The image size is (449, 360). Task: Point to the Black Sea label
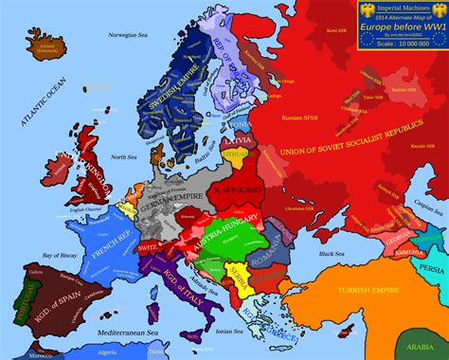click(x=332, y=254)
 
